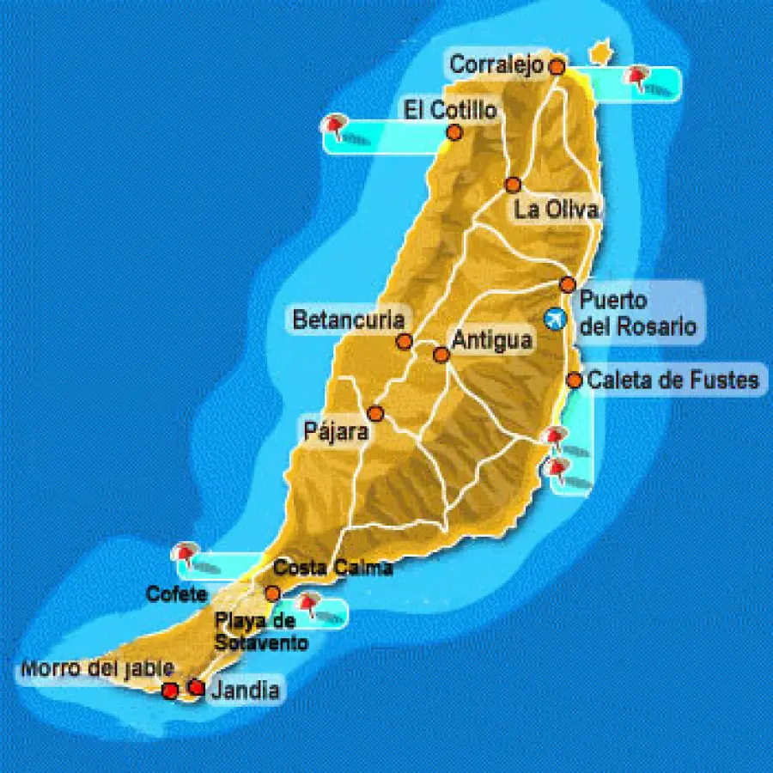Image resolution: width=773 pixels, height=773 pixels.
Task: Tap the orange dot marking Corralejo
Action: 557,65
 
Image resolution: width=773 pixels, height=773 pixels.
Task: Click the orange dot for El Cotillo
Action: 454,132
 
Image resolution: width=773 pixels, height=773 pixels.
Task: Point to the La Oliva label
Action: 556,210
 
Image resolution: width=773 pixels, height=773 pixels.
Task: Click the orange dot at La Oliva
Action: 513,185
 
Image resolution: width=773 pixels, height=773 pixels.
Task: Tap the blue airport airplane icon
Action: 556,319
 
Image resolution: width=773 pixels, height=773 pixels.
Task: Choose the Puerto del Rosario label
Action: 636,313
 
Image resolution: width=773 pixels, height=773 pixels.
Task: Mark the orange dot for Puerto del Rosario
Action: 567,284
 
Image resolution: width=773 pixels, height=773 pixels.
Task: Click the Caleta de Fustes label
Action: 673,380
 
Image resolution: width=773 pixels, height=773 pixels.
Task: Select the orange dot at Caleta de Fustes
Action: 575,380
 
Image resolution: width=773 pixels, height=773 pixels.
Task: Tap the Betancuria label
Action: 348,320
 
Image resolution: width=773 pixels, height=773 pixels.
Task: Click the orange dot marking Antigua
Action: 441,354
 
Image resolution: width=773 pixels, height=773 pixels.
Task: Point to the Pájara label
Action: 336,431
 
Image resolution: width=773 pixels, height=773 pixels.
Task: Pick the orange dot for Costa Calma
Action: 272,593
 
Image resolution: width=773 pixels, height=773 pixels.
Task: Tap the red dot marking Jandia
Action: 196,687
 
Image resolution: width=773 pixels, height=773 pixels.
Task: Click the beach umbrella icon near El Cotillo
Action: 333,127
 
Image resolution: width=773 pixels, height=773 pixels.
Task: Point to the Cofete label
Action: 176,593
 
